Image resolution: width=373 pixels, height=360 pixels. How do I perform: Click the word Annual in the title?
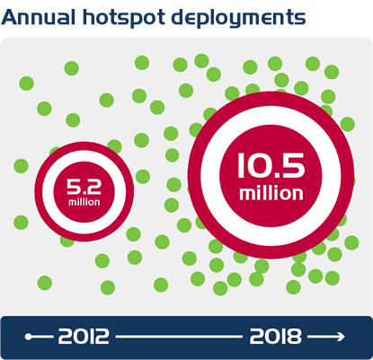[38, 17]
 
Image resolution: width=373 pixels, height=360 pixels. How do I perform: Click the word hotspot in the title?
[124, 18]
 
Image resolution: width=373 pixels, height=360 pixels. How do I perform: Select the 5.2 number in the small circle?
[84, 187]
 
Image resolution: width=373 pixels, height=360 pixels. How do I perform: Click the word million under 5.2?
[84, 202]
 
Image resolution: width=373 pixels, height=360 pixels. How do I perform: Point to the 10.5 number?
[271, 165]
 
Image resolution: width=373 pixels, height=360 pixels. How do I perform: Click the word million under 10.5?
[271, 193]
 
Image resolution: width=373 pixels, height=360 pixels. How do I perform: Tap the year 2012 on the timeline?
[84, 337]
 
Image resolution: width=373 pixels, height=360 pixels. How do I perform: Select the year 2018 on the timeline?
[275, 337]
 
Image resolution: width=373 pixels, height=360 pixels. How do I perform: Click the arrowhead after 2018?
[341, 337]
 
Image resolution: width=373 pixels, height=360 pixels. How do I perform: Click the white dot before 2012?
[29, 337]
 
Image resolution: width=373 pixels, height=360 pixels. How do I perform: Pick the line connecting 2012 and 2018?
[179, 337]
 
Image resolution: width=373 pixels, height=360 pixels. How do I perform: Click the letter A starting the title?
[9, 17]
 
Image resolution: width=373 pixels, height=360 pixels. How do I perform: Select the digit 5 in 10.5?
[294, 165]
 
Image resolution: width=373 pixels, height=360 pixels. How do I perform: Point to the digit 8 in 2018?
[293, 337]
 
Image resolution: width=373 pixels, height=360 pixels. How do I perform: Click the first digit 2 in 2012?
[66, 337]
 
